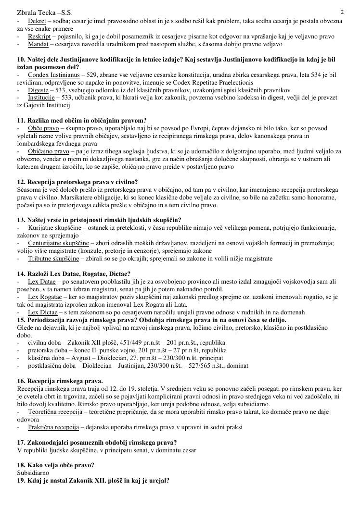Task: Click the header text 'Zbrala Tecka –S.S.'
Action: point(40,12)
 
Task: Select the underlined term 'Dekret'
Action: point(37,22)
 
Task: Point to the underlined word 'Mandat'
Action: point(38,44)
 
